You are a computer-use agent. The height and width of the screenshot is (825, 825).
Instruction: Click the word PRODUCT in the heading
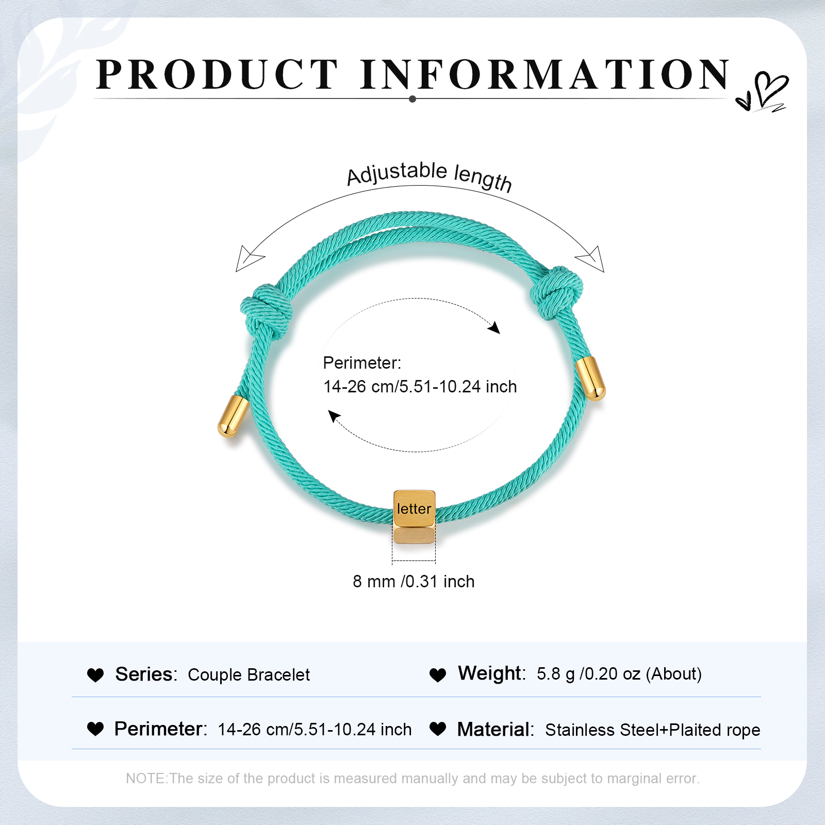tap(217, 74)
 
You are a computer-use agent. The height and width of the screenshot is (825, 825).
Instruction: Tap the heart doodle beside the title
tap(762, 92)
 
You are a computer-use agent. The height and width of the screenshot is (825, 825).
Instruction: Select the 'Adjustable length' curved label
tap(429, 175)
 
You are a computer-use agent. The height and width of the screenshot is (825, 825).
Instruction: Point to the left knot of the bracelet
tap(267, 311)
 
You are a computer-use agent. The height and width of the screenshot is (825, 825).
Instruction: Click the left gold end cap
tap(233, 417)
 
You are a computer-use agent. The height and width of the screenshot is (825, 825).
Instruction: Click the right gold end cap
tap(591, 378)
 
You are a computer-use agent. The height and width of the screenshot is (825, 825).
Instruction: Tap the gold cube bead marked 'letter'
tap(414, 517)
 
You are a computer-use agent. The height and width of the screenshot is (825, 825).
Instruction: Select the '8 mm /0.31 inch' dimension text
tap(414, 581)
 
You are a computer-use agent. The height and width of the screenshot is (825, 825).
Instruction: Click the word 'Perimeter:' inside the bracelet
tap(362, 363)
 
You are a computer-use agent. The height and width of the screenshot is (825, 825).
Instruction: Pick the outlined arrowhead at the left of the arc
tap(248, 258)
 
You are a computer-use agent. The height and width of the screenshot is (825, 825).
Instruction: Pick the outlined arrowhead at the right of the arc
tap(591, 259)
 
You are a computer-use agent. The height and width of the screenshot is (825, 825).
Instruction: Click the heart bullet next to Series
tap(95, 675)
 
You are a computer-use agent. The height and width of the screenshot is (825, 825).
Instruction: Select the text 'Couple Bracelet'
tap(249, 674)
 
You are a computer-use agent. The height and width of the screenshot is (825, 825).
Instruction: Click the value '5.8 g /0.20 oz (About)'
tap(619, 673)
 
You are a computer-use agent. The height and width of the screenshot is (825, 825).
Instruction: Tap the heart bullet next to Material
tap(438, 729)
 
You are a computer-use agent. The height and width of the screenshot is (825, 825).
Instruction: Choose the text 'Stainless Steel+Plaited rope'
tap(653, 730)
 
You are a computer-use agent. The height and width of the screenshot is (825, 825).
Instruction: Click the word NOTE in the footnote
tap(146, 778)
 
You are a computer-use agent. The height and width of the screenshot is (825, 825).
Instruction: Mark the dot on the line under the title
tap(412, 99)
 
